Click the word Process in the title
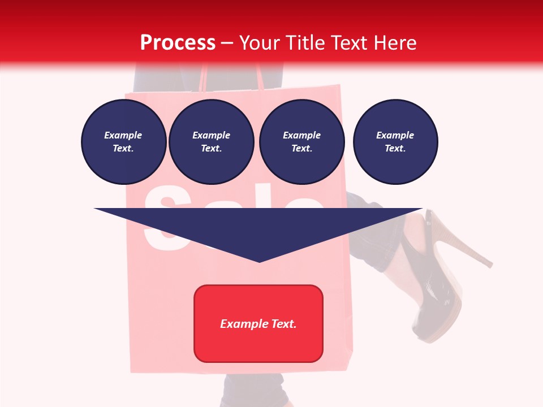click(x=178, y=42)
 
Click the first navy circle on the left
click(x=123, y=142)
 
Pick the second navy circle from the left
click(x=212, y=142)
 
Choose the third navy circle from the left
click(x=301, y=142)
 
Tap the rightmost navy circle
click(x=395, y=142)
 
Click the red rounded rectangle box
click(x=258, y=323)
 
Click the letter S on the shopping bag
click(x=164, y=220)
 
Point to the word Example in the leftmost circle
click(x=123, y=135)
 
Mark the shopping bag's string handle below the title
click(x=260, y=79)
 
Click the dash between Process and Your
click(x=227, y=43)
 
